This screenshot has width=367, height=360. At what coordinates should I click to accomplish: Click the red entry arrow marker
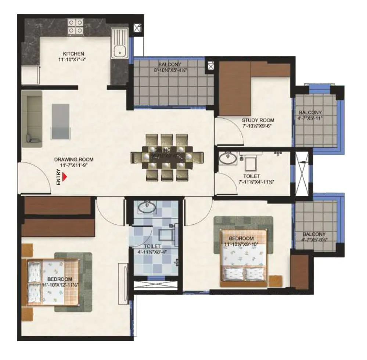[x=65, y=177]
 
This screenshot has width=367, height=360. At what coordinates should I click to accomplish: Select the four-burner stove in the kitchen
[x=75, y=27]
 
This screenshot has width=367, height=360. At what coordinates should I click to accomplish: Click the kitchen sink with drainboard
[x=120, y=43]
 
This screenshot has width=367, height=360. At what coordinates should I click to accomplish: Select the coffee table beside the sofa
[x=60, y=121]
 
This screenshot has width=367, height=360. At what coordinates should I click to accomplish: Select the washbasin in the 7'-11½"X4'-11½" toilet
[x=228, y=159]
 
